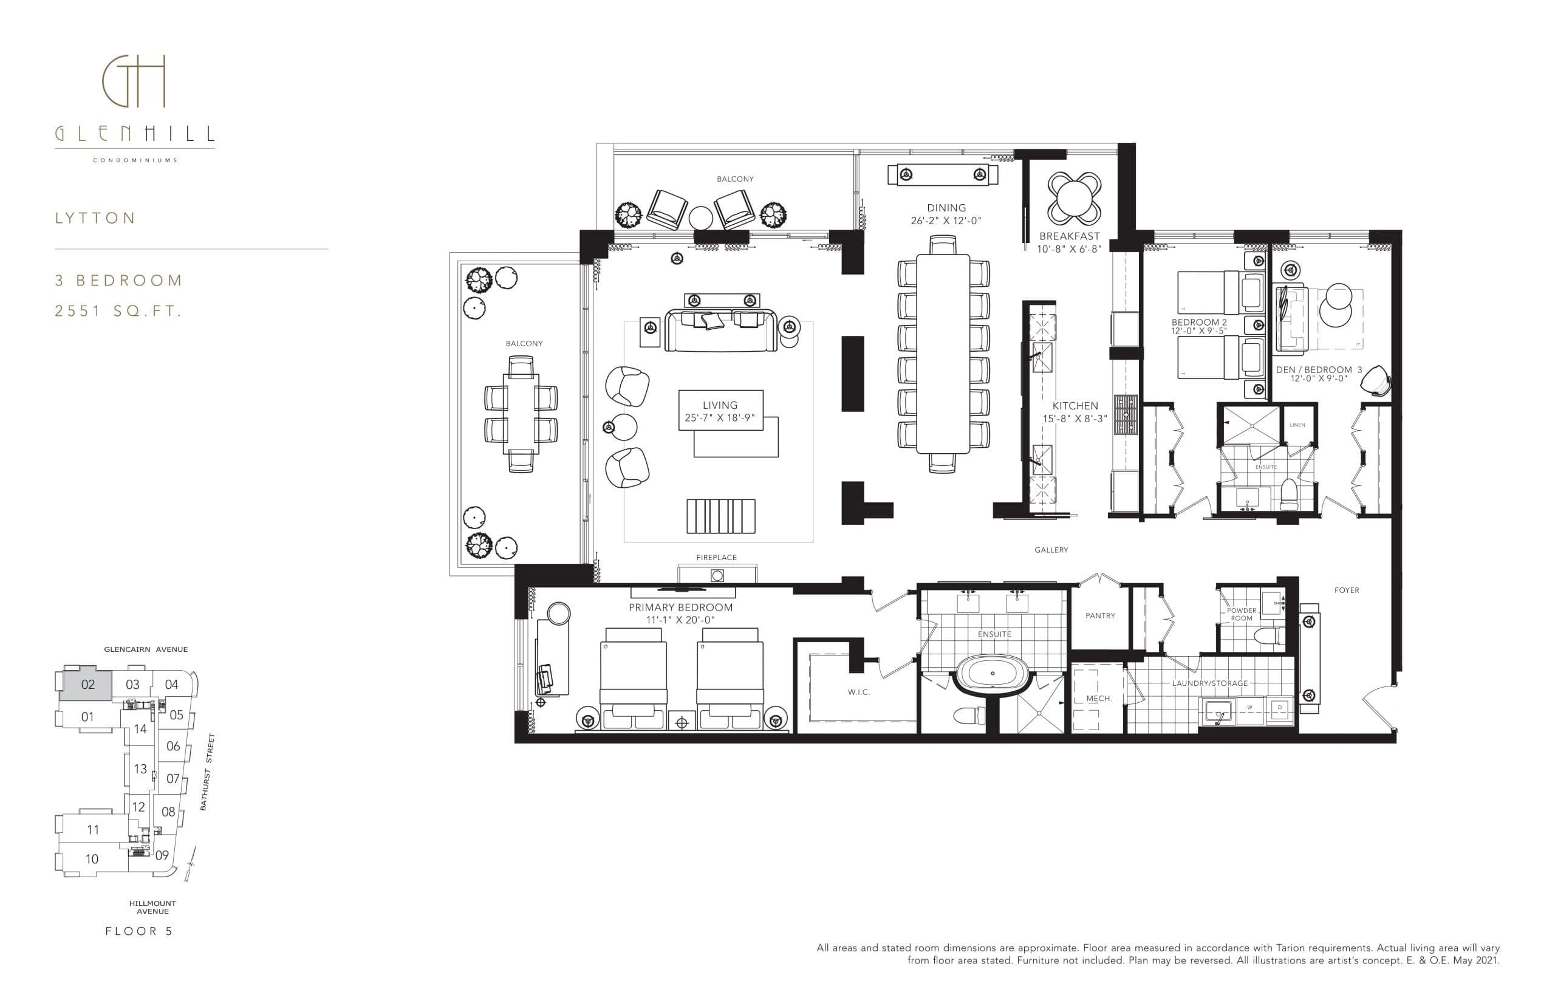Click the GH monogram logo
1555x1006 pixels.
134,81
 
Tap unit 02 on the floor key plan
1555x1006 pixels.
87,685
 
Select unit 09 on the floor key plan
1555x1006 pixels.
162,855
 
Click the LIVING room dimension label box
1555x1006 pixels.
720,411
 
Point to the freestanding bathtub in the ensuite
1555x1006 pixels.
993,674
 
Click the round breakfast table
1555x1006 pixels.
1075,198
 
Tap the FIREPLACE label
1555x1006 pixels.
716,557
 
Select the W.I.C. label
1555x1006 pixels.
859,692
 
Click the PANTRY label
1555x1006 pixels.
1100,615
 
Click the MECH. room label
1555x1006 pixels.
1098,699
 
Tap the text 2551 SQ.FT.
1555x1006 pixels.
118,312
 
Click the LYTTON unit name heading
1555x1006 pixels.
95,218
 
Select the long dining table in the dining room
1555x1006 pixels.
943,353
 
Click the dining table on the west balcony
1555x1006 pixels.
521,414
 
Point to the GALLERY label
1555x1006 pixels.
1051,550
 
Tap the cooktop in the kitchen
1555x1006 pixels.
1126,414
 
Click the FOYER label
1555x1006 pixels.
1346,590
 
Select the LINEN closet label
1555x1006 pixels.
1297,425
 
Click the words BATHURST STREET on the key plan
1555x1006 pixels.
207,772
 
